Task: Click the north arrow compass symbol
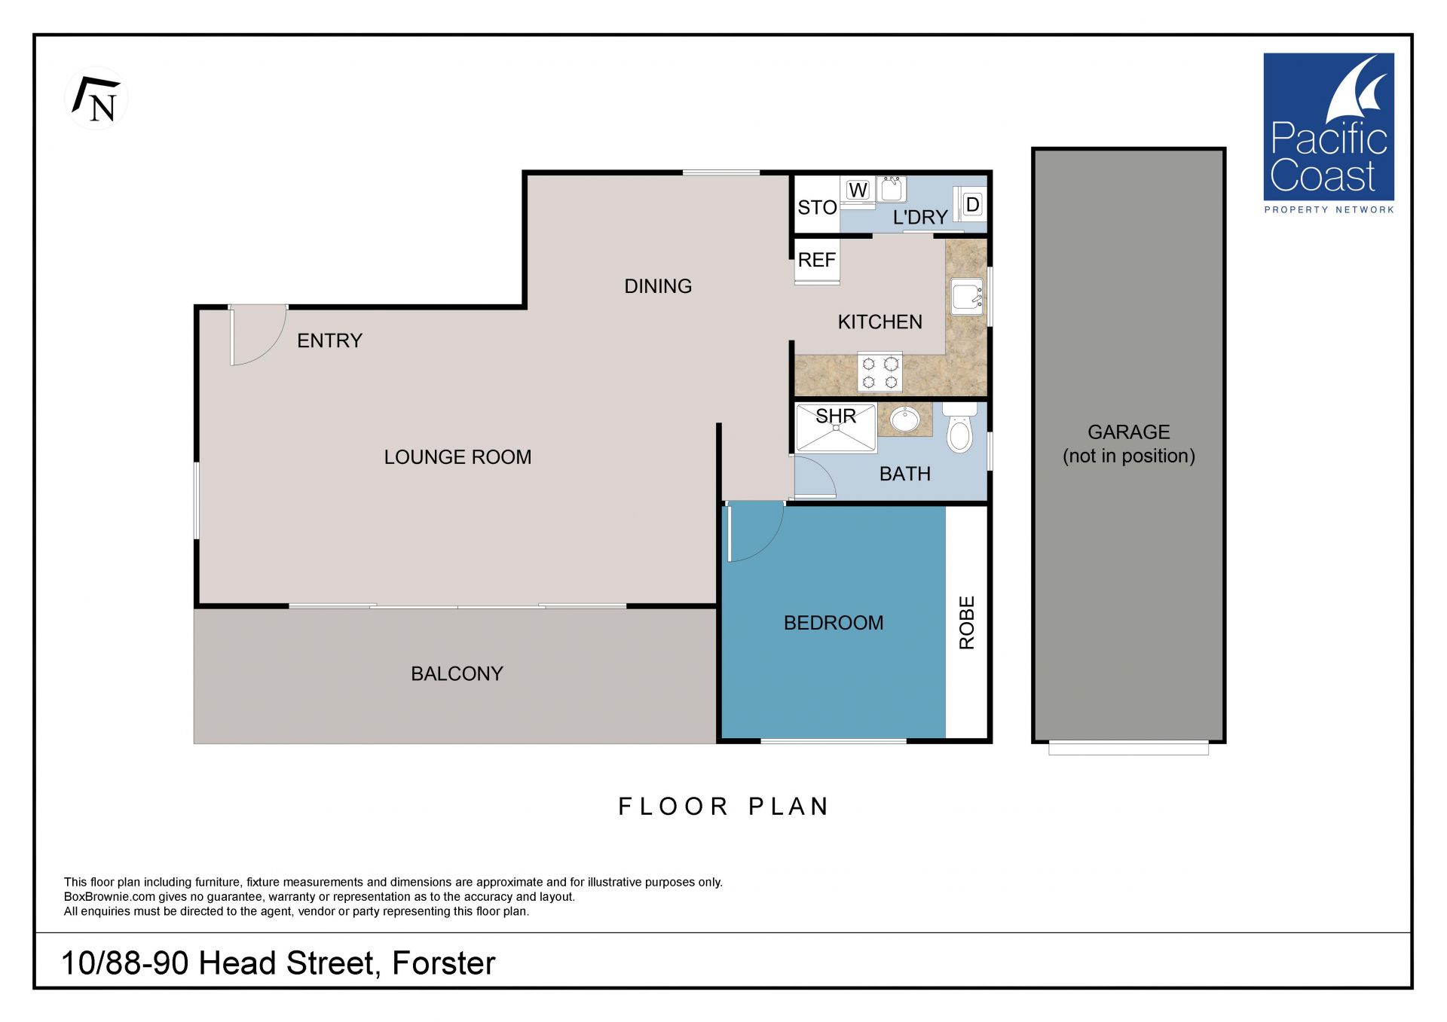pyautogui.click(x=96, y=99)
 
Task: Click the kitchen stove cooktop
pyautogui.click(x=880, y=372)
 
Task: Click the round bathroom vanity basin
pyautogui.click(x=904, y=419)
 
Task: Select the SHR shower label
pyautogui.click(x=836, y=416)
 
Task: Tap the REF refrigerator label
pyautogui.click(x=817, y=260)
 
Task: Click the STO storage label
pyautogui.click(x=817, y=207)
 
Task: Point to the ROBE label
pyautogui.click(x=967, y=623)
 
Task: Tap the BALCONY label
pyautogui.click(x=457, y=673)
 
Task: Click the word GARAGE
pyautogui.click(x=1128, y=432)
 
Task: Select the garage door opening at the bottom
pyautogui.click(x=1128, y=748)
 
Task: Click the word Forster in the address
pyautogui.click(x=444, y=963)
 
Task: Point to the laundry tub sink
pyautogui.click(x=892, y=189)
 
